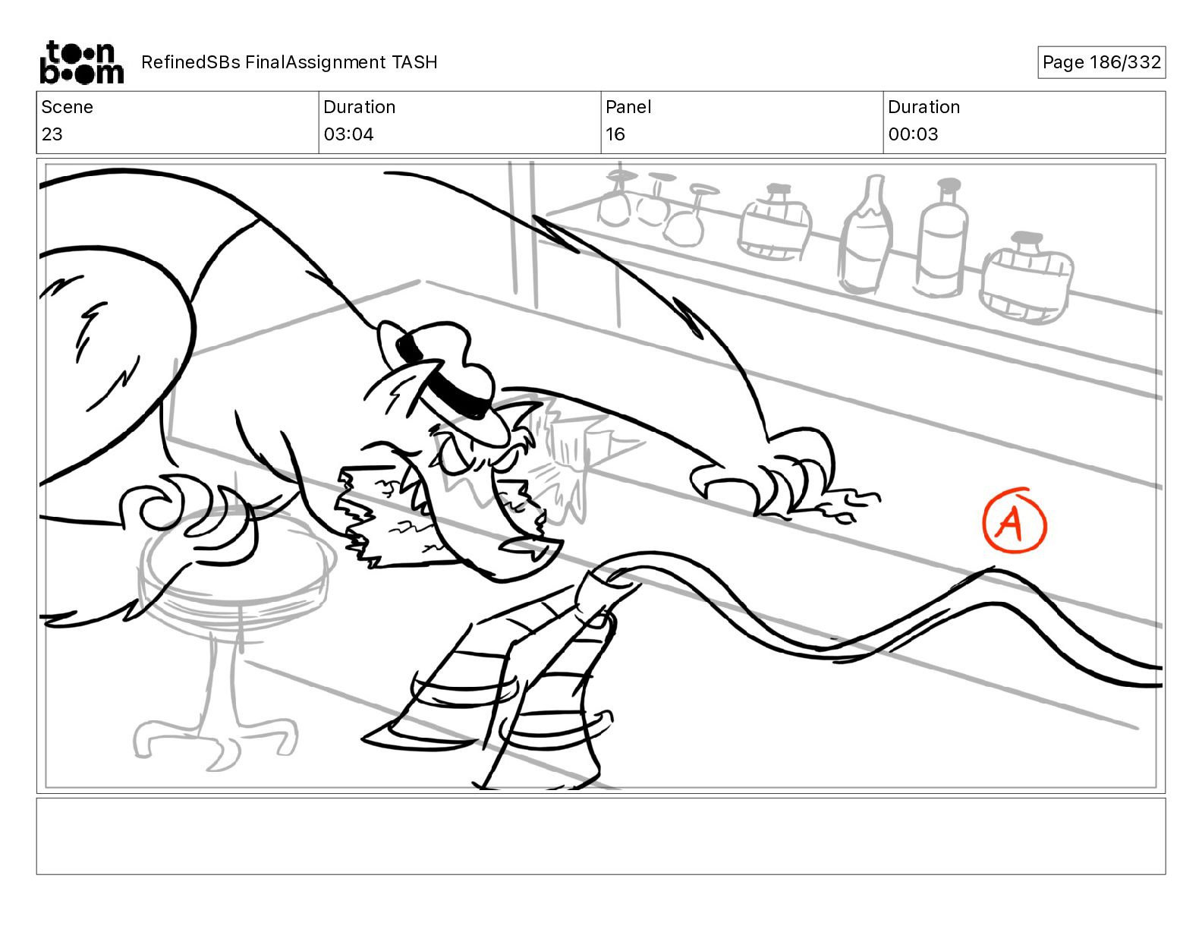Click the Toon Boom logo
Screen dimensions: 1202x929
pyautogui.click(x=82, y=62)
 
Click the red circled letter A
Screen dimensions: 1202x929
pyautogui.click(x=1015, y=521)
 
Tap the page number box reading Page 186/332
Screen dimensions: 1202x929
pyautogui.click(x=1101, y=62)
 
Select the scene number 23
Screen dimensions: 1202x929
pyautogui.click(x=52, y=134)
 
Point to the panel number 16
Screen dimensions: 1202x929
pyautogui.click(x=615, y=134)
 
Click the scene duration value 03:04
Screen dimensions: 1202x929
pyautogui.click(x=348, y=134)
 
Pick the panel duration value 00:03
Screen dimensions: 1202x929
pyautogui.click(x=913, y=134)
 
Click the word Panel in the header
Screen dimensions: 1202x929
pyautogui.click(x=628, y=107)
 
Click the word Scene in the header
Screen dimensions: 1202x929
pyautogui.click(x=67, y=107)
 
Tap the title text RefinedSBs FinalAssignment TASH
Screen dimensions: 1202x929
pyautogui.click(x=289, y=62)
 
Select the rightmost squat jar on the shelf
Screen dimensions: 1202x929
pyautogui.click(x=1026, y=279)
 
